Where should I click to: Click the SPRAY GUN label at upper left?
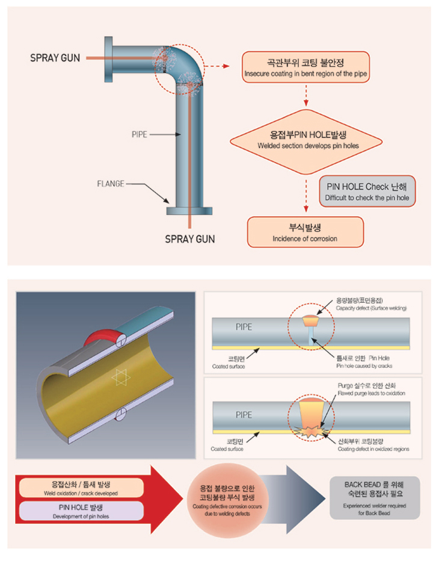(55, 58)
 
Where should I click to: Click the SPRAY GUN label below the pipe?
(190, 239)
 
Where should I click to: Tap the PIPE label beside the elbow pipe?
(140, 134)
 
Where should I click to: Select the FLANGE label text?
(111, 184)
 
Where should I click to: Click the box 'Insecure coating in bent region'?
(305, 67)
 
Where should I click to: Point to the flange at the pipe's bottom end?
(189, 211)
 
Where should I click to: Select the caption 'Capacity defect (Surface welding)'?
(371, 303)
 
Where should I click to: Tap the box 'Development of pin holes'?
(79, 511)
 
